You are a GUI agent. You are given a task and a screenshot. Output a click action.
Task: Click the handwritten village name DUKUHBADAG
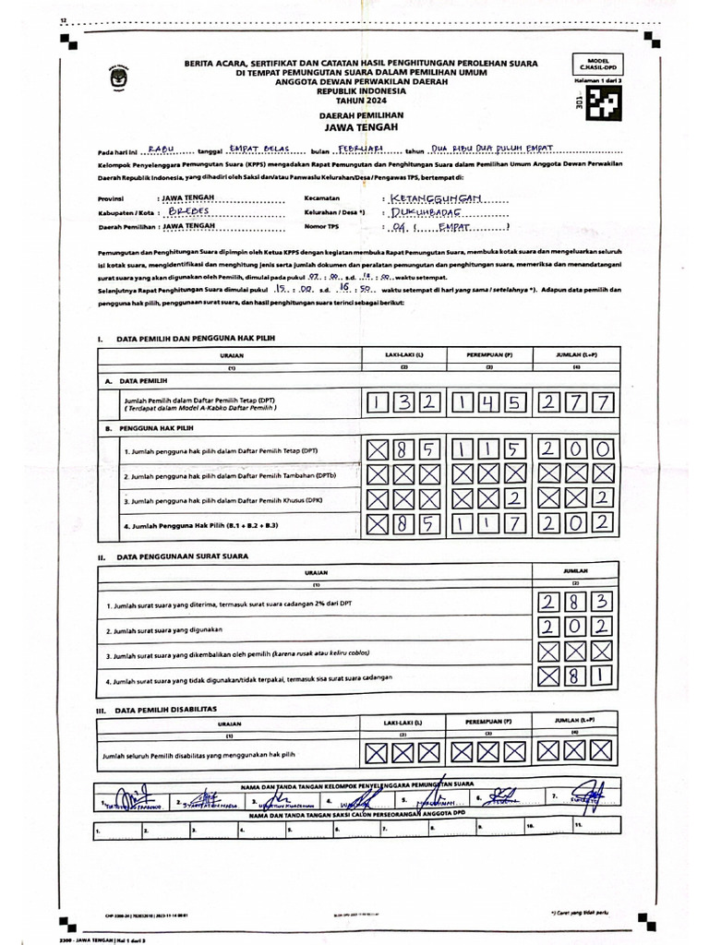[431, 211]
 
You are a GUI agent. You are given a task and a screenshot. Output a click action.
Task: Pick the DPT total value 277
[575, 403]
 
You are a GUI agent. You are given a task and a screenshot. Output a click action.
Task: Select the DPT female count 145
[489, 403]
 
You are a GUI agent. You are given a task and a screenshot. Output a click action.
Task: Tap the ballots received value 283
[575, 604]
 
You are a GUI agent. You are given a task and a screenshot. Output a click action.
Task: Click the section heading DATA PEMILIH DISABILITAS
[165, 710]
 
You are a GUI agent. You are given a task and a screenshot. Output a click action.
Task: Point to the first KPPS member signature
[129, 796]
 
